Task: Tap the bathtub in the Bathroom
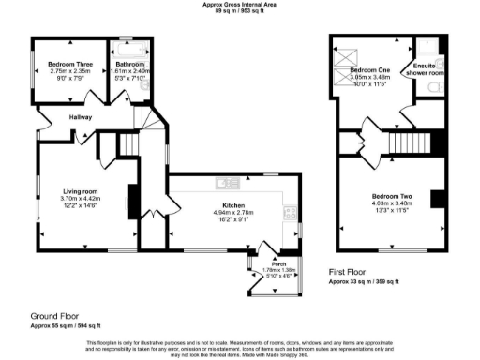point(129,46)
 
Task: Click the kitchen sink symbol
point(225,183)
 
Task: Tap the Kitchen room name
point(232,204)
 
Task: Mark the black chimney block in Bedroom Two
point(435,198)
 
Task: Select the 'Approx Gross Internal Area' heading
point(240,4)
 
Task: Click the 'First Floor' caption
point(348,271)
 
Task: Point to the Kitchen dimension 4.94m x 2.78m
point(232,212)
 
